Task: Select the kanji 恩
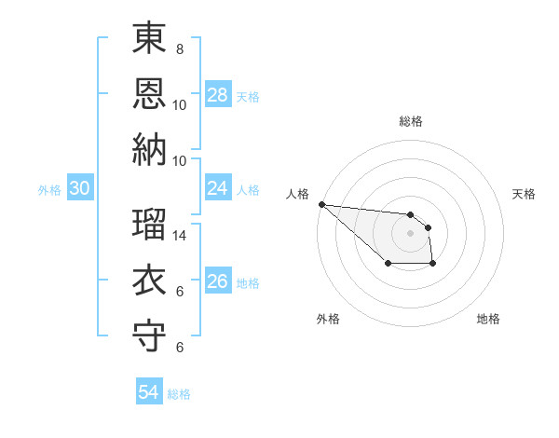(149, 93)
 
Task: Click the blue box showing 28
(218, 95)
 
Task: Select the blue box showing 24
(218, 188)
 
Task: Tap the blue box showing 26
(218, 281)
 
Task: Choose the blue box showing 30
(80, 188)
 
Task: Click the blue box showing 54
(149, 392)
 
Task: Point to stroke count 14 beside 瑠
(181, 236)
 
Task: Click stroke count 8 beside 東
(179, 48)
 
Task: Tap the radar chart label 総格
(411, 121)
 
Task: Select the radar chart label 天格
(524, 194)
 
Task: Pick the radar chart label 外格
(328, 319)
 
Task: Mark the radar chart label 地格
(488, 319)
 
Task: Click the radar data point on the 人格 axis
(321, 204)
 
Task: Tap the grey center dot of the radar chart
(411, 233)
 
